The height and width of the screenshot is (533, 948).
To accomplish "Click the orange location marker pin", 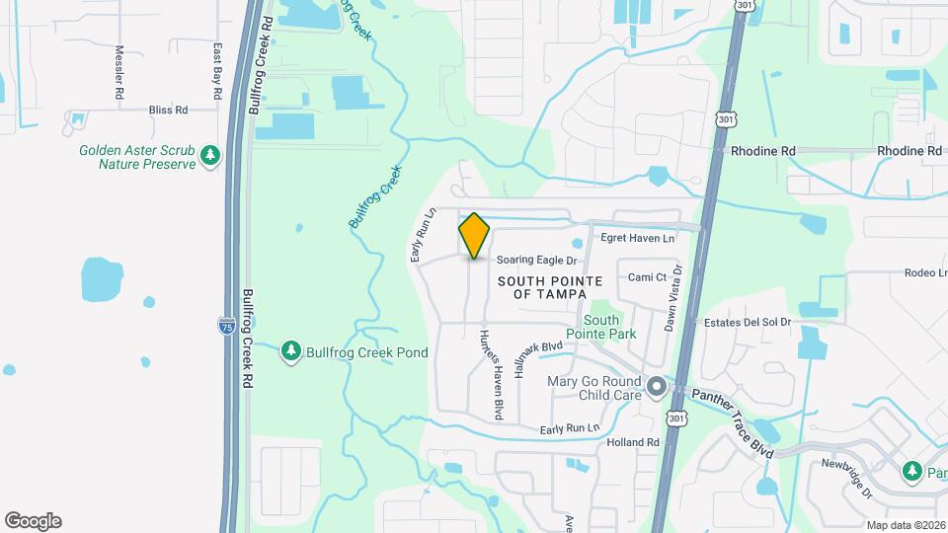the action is pyautogui.click(x=474, y=236).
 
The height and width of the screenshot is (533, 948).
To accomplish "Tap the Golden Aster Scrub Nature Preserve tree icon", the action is pyautogui.click(x=209, y=155).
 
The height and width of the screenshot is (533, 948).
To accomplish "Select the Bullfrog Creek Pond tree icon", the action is pyautogui.click(x=290, y=351).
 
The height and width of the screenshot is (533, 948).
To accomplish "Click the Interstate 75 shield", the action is pyautogui.click(x=226, y=324).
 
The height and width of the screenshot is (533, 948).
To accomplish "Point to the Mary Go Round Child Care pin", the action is pyautogui.click(x=656, y=388).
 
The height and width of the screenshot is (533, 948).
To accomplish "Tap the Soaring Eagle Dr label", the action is pyautogui.click(x=536, y=261).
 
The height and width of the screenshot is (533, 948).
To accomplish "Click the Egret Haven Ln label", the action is pyautogui.click(x=638, y=238).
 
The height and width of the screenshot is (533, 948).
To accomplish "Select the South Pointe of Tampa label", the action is pyautogui.click(x=542, y=287).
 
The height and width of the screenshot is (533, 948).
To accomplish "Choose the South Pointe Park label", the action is pyautogui.click(x=601, y=327).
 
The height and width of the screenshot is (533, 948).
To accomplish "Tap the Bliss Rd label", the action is pyautogui.click(x=168, y=111).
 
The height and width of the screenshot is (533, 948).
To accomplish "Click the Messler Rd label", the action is pyautogui.click(x=119, y=71).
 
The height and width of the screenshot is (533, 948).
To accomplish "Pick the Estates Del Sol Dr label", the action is pyautogui.click(x=748, y=322).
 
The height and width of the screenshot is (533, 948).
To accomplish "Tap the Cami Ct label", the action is pyautogui.click(x=647, y=277).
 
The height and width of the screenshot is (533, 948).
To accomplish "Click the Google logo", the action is pyautogui.click(x=33, y=521).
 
